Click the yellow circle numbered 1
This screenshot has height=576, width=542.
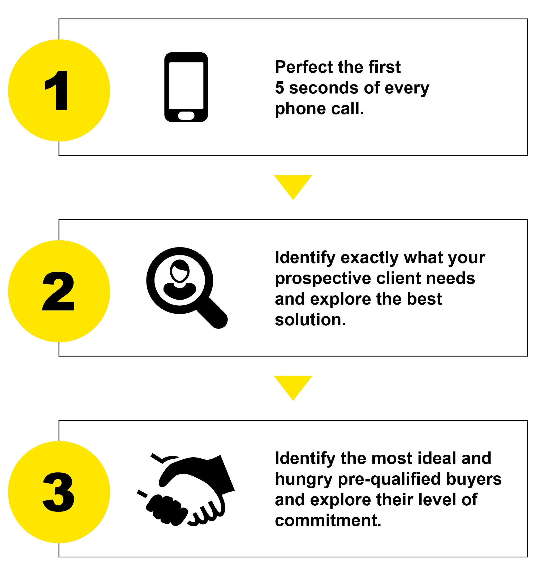[59, 90]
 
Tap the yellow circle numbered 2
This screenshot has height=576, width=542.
[59, 291]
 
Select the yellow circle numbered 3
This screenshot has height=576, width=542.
[59, 492]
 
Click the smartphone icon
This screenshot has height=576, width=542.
[186, 87]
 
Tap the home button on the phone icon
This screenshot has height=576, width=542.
[186, 116]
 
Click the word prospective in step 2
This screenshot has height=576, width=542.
[323, 279]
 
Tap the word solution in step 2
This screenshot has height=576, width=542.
[310, 320]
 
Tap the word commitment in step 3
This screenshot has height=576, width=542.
[328, 520]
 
